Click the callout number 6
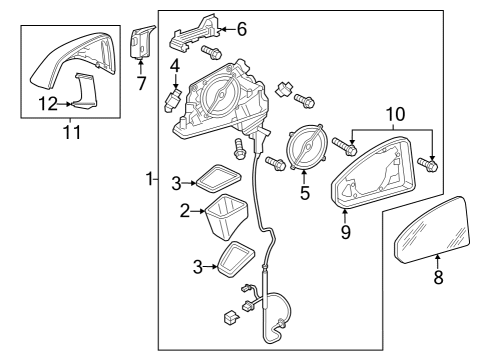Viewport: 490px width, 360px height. point(242,29)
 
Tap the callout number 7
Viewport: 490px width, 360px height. point(141,83)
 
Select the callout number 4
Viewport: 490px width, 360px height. point(175,66)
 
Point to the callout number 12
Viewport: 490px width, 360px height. point(48,104)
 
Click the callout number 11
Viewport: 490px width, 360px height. point(72,132)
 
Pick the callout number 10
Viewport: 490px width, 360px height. point(395,114)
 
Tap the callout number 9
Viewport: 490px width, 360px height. point(346,232)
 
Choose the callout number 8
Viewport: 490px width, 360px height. point(438,277)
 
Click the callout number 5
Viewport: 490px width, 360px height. point(305,193)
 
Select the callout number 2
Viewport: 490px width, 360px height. point(185,211)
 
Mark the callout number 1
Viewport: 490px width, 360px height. point(150,179)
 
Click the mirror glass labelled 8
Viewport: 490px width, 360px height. point(432,230)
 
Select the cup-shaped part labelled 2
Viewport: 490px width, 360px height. point(226,217)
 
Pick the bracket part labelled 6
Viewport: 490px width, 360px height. point(194,33)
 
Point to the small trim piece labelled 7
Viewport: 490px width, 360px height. point(141,42)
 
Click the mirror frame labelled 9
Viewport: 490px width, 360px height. point(374,172)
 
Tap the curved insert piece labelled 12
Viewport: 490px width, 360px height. point(84,91)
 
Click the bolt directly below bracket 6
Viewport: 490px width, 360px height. point(211,53)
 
